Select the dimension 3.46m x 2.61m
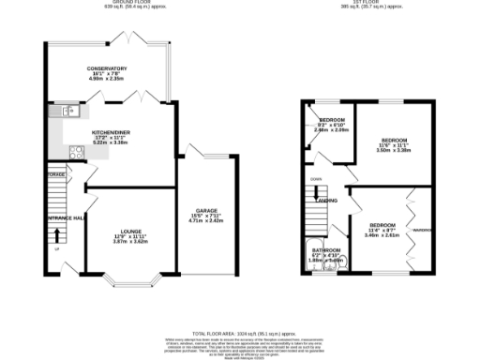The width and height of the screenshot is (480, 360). (382, 235)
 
